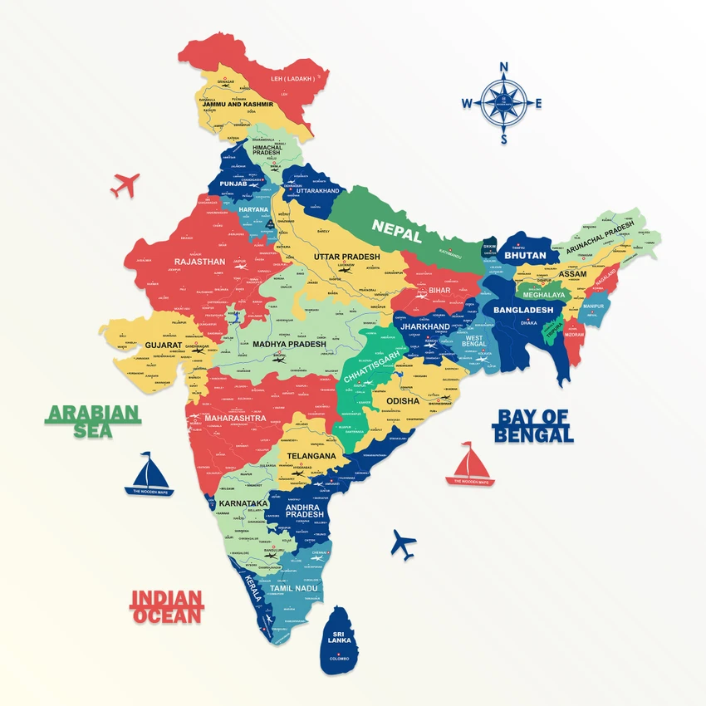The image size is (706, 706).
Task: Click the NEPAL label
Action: [397, 226]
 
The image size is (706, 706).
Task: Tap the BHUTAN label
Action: [525, 256]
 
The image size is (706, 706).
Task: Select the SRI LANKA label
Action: [338, 637]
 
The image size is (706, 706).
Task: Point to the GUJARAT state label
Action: [164, 344]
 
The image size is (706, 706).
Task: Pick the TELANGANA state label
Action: [311, 456]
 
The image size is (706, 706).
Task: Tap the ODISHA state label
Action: [403, 400]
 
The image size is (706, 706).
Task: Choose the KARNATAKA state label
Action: [243, 503]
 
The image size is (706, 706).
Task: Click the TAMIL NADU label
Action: [293, 588]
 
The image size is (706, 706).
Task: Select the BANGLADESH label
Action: [523, 310]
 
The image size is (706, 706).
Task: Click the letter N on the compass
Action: [503, 67]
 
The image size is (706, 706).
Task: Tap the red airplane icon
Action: [125, 184]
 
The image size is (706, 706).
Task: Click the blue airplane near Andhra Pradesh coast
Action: [404, 544]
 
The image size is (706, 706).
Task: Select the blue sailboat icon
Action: [149, 475]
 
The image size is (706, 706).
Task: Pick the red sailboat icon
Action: [470, 464]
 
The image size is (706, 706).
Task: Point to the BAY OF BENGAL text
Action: [535, 425]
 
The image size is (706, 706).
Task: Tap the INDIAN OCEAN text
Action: [167, 606]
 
